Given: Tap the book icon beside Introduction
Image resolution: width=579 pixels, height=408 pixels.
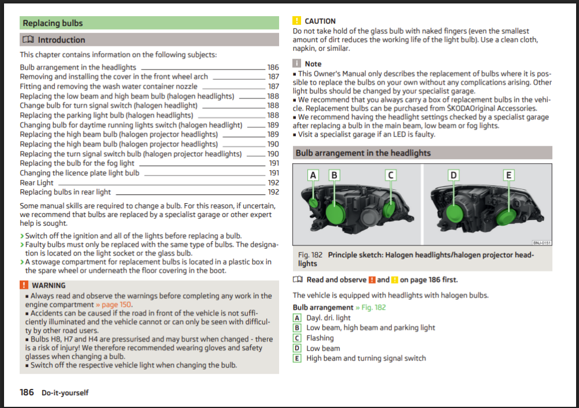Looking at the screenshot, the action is click(x=28, y=39).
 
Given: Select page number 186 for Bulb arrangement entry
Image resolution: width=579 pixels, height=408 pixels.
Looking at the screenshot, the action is click(x=273, y=67).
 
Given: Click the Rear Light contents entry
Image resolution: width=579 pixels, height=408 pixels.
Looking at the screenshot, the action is click(x=36, y=183).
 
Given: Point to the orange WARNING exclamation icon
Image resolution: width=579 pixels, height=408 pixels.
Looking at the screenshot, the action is click(x=24, y=285).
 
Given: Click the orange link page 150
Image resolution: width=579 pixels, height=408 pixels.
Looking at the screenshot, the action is click(x=113, y=304).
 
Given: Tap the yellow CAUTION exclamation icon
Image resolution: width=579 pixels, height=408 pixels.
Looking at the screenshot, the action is click(x=296, y=21).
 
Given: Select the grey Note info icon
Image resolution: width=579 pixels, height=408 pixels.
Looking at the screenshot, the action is click(x=296, y=64).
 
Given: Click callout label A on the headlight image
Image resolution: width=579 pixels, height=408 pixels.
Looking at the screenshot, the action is click(x=313, y=175).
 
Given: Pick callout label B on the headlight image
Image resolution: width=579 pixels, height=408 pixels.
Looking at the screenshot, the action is click(x=334, y=175).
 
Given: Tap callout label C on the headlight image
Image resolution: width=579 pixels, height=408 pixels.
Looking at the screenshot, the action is click(x=391, y=175).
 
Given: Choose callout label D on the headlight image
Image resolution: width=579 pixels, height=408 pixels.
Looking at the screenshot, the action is click(x=453, y=175).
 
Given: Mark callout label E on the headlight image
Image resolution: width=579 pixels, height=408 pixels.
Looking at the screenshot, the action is click(x=508, y=175).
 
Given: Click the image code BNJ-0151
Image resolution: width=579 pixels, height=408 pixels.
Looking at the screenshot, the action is click(x=542, y=242).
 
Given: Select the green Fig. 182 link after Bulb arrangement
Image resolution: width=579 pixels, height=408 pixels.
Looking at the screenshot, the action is click(x=371, y=307).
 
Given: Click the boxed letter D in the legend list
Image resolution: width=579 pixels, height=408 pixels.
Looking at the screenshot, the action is click(x=297, y=348).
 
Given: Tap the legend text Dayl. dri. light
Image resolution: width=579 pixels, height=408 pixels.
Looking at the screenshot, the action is click(x=328, y=318).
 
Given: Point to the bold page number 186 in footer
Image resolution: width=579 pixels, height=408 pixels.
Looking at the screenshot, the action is click(x=27, y=392).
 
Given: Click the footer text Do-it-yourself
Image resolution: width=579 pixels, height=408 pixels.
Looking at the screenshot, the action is click(x=65, y=393).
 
